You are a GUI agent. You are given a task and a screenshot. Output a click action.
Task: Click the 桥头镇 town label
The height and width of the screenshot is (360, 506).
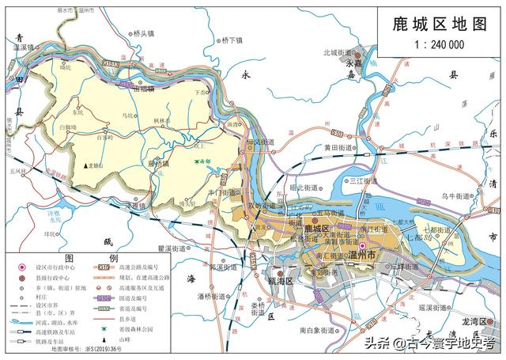point(147,33)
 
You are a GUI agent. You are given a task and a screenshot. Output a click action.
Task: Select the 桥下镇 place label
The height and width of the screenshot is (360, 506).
point(235,40)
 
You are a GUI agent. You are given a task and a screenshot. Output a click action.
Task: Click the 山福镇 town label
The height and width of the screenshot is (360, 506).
point(149,90)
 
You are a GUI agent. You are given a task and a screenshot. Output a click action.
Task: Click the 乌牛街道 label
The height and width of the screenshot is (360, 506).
point(458,195)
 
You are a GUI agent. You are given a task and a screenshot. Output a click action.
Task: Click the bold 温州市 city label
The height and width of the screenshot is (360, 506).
point(366,256)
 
